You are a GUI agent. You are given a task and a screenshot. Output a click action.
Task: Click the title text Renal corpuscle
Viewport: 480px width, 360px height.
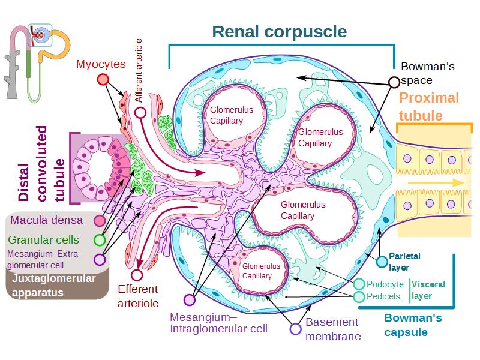[x=280, y=31]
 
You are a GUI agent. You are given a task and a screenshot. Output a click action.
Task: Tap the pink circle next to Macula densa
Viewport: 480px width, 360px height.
[x=100, y=221]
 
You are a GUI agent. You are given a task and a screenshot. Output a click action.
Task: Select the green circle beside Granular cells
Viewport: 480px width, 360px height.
[x=100, y=240]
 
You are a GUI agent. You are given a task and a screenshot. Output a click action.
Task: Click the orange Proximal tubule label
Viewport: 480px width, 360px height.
[x=428, y=107]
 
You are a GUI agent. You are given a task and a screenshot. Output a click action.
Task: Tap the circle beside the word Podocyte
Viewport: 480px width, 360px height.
[x=359, y=284]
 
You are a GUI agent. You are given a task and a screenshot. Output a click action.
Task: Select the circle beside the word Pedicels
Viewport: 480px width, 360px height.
[x=359, y=296]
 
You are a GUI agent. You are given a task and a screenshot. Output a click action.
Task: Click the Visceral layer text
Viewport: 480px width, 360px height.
[x=428, y=290]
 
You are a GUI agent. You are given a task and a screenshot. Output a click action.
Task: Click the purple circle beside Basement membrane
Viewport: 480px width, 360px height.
[x=295, y=329]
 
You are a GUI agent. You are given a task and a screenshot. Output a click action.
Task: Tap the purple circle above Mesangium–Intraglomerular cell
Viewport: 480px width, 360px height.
[x=190, y=300]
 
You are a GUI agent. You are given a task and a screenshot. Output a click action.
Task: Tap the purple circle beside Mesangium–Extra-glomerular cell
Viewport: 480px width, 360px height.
[x=100, y=260]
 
